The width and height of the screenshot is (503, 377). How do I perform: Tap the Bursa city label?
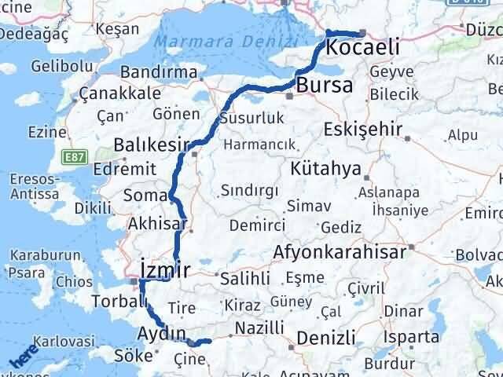tap(325, 86)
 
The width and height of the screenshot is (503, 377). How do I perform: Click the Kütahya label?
tap(325, 169)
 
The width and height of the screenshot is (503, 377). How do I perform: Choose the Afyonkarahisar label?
tap(340, 252)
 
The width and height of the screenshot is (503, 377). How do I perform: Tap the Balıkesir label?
tap(152, 144)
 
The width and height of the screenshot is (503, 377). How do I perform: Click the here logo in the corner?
tap(23, 359)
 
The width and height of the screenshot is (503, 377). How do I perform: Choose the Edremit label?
tap(100, 169)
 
